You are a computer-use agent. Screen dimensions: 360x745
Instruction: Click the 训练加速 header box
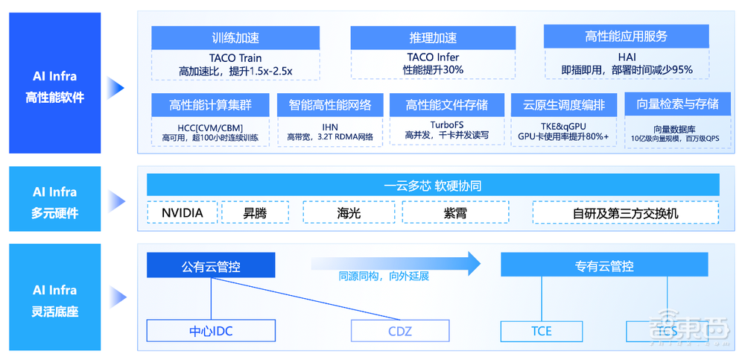coord(235,38)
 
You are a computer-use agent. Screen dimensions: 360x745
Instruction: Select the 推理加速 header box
coord(433,38)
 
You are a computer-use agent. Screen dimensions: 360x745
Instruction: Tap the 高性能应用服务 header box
coord(627,37)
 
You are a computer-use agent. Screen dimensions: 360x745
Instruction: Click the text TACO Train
coord(235,57)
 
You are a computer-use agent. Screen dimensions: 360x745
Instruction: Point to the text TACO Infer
coord(433,57)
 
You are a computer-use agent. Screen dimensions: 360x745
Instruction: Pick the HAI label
coord(627,57)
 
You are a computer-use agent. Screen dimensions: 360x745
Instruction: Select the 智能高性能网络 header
coord(330,104)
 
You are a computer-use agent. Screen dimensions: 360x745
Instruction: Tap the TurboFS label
coord(447,124)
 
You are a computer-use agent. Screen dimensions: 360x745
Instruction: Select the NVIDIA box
coord(182,213)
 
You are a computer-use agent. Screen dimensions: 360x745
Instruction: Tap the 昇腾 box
coord(256,213)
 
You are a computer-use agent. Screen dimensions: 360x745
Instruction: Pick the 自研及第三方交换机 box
coord(625,213)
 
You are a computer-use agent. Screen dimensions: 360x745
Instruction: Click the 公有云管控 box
coord(211,265)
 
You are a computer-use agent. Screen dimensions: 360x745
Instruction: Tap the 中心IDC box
coord(211,330)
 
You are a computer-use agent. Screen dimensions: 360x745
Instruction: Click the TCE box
coord(542,330)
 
